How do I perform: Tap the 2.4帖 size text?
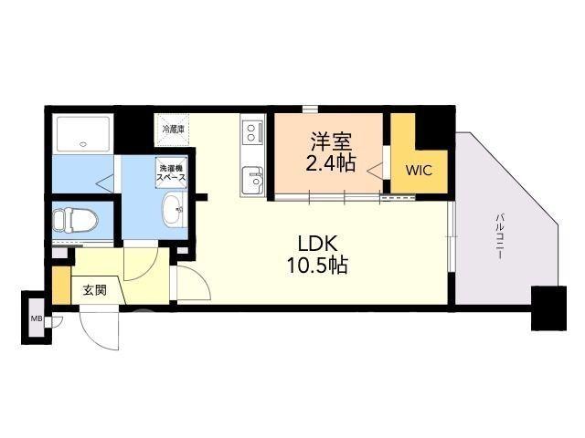(x=331, y=162)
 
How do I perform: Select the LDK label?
(x=318, y=244)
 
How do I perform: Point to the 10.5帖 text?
(x=317, y=266)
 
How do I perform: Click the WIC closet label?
(x=419, y=171)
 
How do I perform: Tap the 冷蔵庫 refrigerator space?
(x=173, y=130)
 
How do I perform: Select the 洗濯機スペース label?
(x=171, y=173)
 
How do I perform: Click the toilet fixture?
(x=75, y=220)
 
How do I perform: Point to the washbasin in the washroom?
(x=175, y=209)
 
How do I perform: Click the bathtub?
(x=82, y=134)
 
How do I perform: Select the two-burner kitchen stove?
(x=253, y=132)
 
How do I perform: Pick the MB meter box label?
(x=37, y=318)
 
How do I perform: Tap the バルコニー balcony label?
(x=500, y=236)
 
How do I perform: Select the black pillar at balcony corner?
(x=548, y=308)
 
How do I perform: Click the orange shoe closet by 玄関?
(x=61, y=286)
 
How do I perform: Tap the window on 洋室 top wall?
(x=310, y=109)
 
